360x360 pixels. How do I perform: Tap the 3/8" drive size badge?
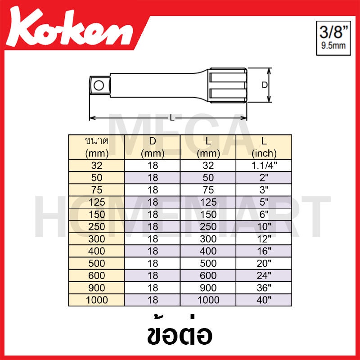tap(333, 38)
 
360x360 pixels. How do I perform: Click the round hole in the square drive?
tap(99, 85)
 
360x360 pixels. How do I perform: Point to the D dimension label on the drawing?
tap(265, 85)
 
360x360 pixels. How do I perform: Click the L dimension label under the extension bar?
tap(172, 118)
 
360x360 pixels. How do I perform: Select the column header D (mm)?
tap(153, 147)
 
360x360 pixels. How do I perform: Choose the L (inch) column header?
tap(264, 147)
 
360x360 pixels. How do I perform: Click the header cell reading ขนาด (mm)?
tap(97, 147)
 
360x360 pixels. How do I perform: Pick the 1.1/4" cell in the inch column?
tap(264, 165)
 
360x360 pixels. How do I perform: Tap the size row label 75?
tap(97, 190)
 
